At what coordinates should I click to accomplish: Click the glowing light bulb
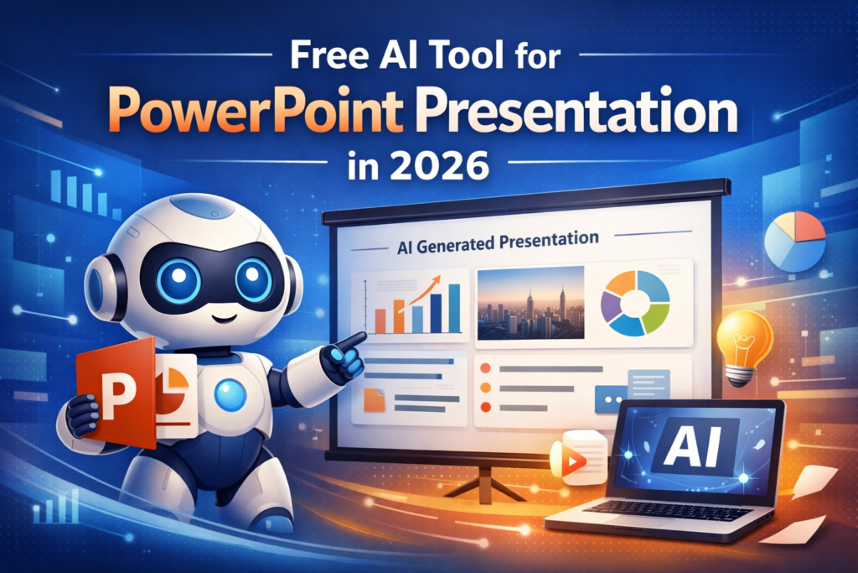click(742, 344)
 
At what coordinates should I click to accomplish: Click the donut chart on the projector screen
click(635, 300)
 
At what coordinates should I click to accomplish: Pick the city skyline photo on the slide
click(530, 303)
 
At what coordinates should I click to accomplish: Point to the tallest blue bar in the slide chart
click(454, 308)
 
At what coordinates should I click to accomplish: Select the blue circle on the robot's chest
click(230, 394)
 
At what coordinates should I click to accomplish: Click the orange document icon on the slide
click(375, 400)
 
